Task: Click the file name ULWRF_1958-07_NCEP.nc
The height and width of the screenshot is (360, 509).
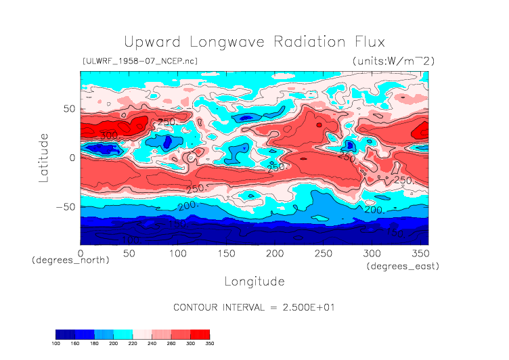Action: pos(139,62)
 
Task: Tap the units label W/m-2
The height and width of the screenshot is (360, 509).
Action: pos(393,61)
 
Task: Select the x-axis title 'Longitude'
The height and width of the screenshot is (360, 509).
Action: pos(255,281)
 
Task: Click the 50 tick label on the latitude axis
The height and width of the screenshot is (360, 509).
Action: pos(68,108)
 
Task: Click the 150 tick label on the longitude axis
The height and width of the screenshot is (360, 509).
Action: pos(226,252)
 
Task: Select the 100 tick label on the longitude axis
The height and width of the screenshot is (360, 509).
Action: pos(177,252)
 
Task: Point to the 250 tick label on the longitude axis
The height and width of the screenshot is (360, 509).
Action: pos(323,252)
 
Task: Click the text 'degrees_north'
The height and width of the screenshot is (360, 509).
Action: pos(70,260)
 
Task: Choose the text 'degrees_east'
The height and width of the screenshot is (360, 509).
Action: pos(403,267)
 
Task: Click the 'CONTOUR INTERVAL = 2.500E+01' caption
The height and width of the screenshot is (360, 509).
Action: pos(255,307)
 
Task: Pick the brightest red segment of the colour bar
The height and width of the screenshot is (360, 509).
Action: pos(200,334)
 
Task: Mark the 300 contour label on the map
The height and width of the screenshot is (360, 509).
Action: pos(108,135)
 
